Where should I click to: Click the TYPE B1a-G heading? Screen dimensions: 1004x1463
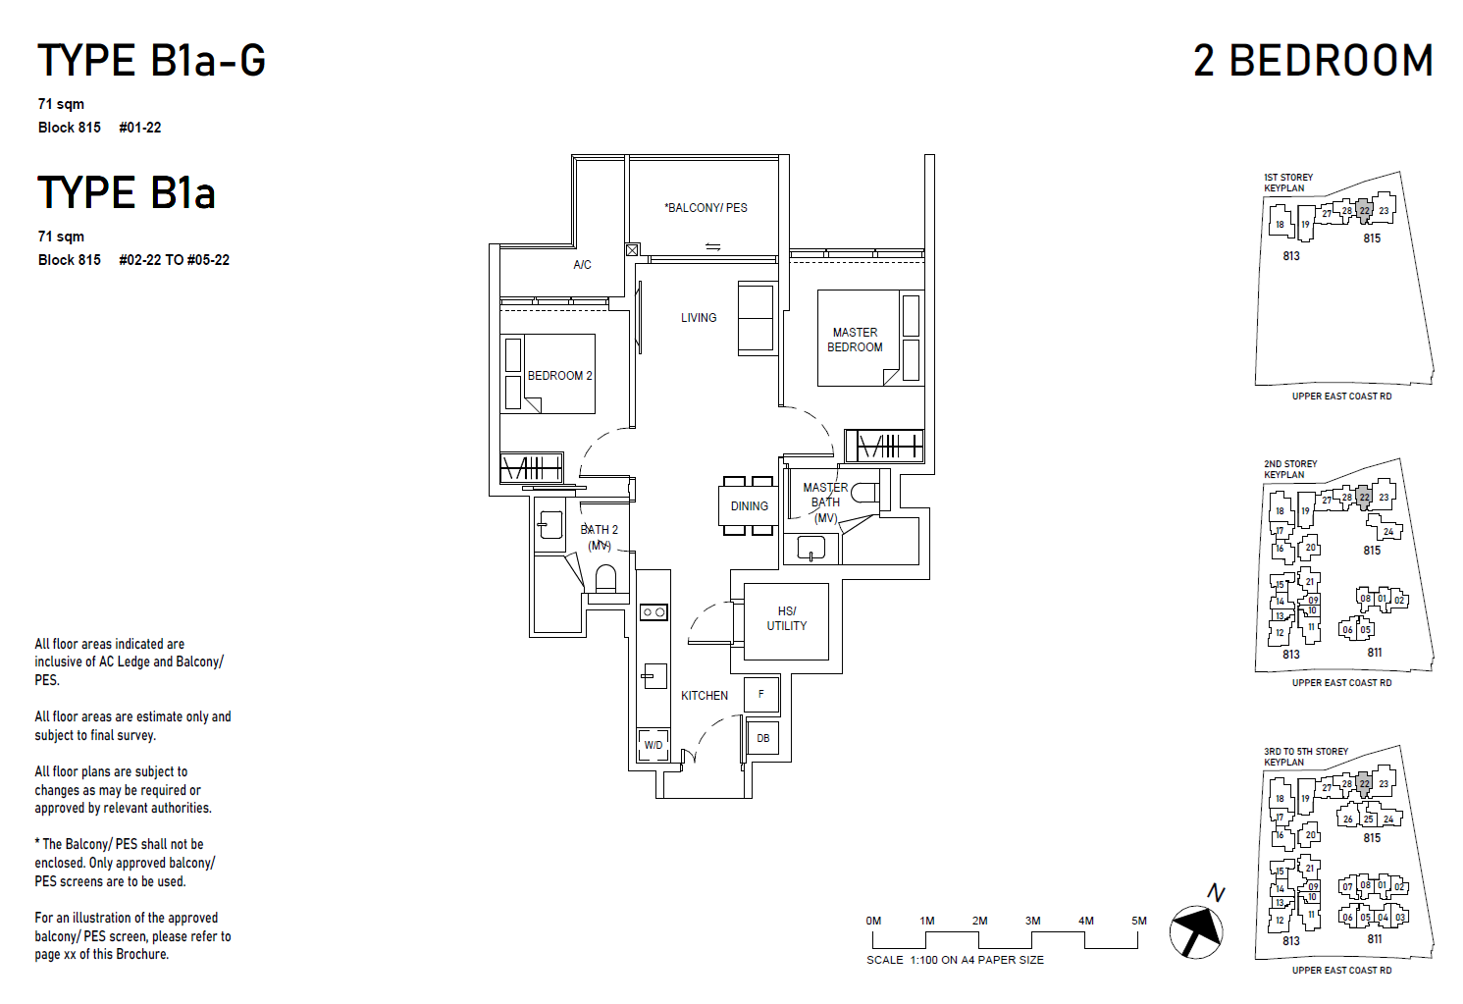(x=151, y=61)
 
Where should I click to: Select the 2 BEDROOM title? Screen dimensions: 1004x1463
(x=1312, y=61)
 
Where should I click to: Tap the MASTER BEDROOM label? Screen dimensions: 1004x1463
(x=855, y=340)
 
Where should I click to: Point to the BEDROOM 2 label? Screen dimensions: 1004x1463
(x=559, y=376)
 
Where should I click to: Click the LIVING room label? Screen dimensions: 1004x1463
(x=699, y=318)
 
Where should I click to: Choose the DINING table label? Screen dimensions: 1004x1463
(x=749, y=506)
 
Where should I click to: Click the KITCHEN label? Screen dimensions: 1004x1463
(x=705, y=696)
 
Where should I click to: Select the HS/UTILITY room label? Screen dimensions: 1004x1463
(x=786, y=618)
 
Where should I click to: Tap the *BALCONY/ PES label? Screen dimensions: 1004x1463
(x=705, y=208)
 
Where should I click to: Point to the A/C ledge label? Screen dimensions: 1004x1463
(x=582, y=265)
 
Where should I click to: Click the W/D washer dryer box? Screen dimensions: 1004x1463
(x=653, y=745)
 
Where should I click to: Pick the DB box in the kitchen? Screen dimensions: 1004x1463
(x=762, y=738)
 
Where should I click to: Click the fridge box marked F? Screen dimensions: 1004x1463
(x=760, y=694)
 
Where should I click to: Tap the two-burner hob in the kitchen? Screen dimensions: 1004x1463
(x=653, y=612)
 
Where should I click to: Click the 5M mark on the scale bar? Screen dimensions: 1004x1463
(x=1138, y=922)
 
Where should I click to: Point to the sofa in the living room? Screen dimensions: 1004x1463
(x=757, y=318)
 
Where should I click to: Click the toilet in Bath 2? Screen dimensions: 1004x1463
(x=605, y=579)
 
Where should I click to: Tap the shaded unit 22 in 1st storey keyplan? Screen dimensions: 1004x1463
(x=1364, y=211)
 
